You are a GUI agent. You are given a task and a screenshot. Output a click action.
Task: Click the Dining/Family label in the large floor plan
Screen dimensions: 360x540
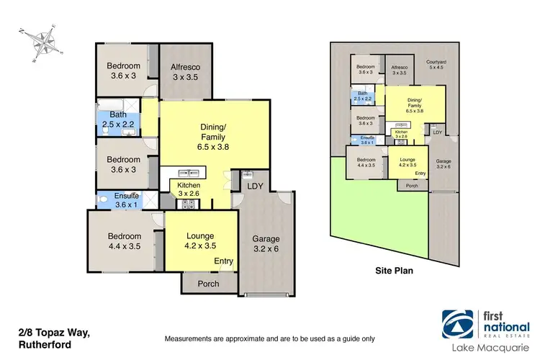point(213,137)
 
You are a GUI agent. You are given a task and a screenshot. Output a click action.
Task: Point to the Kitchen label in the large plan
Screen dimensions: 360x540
point(184,189)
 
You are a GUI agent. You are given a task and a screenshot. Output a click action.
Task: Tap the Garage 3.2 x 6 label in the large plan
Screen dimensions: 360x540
point(266,244)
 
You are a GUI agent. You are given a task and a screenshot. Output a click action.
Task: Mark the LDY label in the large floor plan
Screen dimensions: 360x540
point(254,186)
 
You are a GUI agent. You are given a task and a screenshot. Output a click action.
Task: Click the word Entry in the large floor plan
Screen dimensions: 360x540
point(223,261)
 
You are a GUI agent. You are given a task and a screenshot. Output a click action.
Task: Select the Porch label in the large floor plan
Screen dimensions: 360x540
point(209,283)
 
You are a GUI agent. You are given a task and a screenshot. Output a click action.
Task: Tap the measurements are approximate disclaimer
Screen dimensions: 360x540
point(269,338)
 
